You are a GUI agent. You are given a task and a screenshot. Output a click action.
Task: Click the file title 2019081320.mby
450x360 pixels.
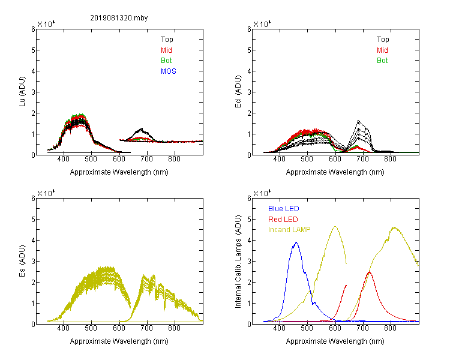[119, 18]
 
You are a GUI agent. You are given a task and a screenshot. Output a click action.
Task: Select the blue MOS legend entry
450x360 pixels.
[168, 71]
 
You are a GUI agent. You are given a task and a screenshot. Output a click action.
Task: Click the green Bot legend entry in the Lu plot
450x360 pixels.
[166, 61]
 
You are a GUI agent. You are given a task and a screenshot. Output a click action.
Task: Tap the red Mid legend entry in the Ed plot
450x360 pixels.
[382, 50]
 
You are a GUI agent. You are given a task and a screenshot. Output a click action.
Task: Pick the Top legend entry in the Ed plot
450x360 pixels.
[383, 40]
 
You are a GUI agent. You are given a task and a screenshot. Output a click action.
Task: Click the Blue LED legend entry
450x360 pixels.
[284, 209]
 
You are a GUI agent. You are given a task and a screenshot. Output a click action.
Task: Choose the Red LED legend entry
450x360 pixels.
[283, 220]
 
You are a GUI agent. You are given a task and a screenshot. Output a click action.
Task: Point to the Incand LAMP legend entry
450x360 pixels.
[289, 230]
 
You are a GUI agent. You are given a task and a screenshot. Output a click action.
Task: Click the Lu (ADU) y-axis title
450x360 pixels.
[22, 92]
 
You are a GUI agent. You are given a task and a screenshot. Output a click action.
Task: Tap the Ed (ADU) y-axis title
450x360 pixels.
[238, 92]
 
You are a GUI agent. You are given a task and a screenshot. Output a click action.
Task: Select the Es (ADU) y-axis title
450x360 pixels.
[22, 261]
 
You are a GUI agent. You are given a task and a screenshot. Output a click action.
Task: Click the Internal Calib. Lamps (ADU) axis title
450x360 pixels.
[238, 261]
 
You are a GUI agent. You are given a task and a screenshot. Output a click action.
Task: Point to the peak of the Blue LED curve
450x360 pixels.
[296, 242]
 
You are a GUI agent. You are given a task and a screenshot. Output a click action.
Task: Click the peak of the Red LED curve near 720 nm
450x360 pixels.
[370, 272]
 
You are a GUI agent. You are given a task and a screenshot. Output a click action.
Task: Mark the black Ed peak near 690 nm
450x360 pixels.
[358, 120]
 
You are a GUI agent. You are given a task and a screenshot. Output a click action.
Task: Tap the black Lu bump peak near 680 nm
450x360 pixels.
[142, 128]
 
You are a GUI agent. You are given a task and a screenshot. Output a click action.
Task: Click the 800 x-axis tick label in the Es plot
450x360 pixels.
[174, 328]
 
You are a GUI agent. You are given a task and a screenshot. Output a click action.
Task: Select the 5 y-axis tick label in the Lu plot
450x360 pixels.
[33, 50]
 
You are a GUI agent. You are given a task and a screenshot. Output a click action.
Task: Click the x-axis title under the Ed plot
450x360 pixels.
[335, 172]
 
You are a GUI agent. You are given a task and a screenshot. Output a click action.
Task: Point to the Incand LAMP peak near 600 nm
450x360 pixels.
[335, 227]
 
